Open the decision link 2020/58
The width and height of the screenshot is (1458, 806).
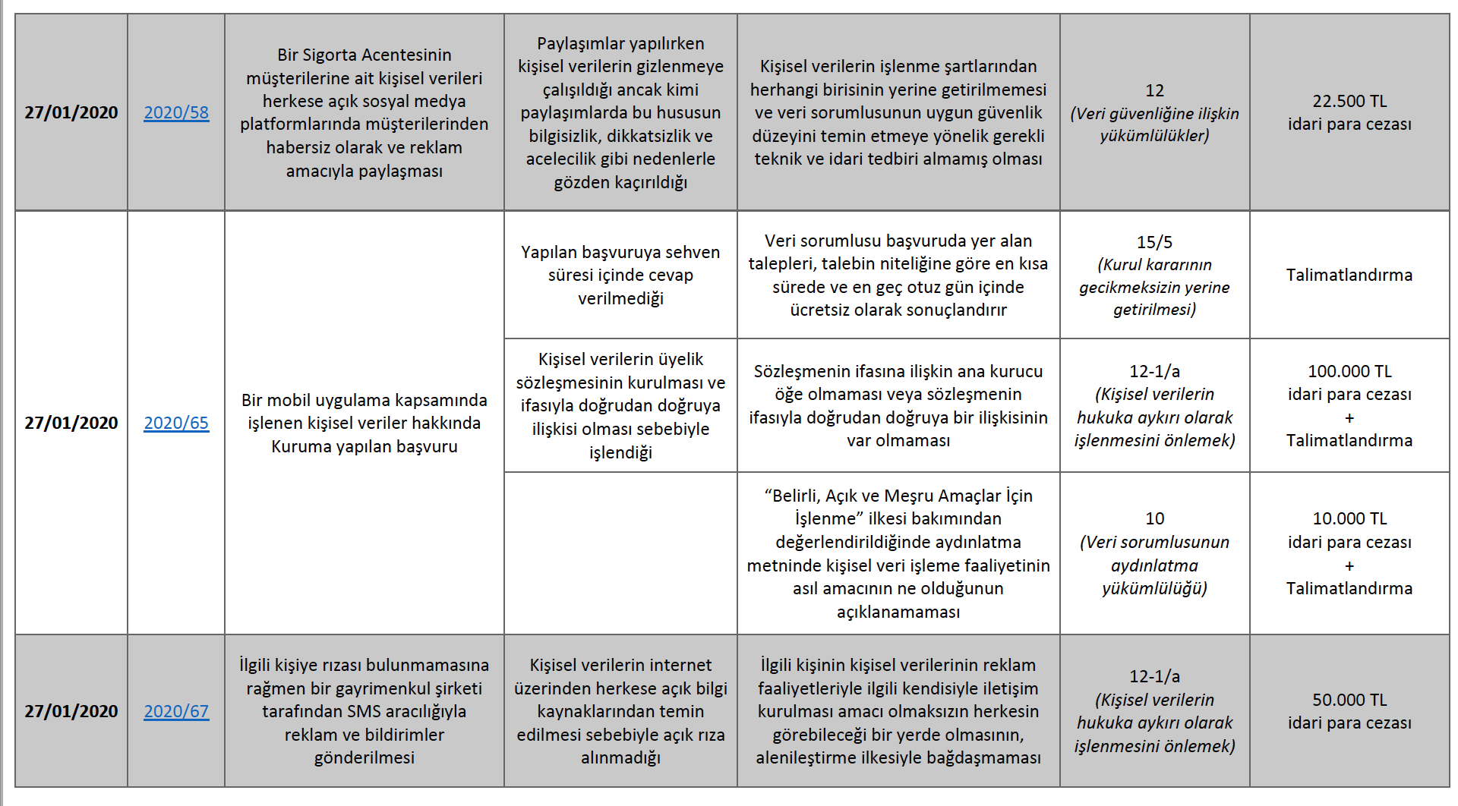176,112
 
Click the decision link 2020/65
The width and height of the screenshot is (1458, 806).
176,423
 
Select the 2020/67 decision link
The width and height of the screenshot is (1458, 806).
176,711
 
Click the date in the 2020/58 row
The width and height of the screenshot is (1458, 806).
71,112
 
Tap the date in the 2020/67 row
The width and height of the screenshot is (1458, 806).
71,711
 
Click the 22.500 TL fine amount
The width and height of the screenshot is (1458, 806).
1349,101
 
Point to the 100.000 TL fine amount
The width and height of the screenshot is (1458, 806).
1349,371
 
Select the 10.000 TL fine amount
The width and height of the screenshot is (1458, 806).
1349,518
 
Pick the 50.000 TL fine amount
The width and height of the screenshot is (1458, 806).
1349,700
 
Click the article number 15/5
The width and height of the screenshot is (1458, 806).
1154,242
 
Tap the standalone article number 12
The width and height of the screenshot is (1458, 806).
1154,90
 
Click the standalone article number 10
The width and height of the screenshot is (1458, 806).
1154,518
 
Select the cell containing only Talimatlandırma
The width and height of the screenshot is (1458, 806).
1349,275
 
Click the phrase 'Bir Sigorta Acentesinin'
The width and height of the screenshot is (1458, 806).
364,55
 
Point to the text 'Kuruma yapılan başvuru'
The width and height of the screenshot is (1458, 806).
364,446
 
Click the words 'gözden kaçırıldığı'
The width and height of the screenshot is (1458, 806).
620,182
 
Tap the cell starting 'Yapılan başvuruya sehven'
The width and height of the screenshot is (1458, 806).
620,275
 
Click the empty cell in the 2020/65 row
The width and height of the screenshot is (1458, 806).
620,553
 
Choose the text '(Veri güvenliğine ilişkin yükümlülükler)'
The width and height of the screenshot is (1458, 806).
1154,124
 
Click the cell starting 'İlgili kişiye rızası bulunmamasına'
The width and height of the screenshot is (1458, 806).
364,711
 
